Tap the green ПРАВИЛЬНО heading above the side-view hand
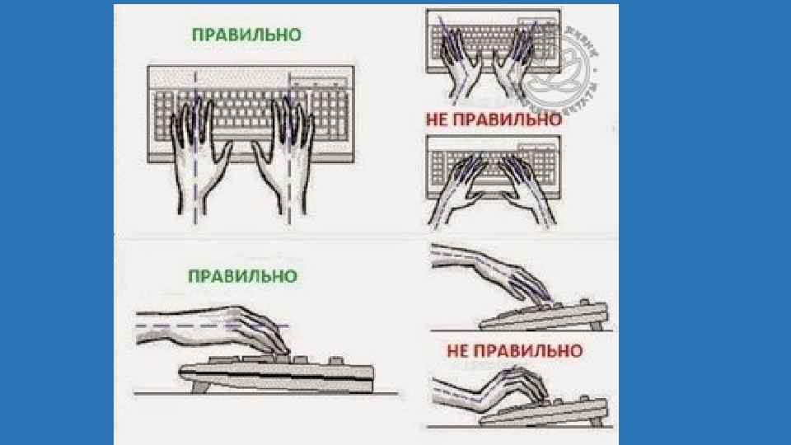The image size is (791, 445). (x=243, y=275)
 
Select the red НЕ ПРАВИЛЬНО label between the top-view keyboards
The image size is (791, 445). (x=494, y=119)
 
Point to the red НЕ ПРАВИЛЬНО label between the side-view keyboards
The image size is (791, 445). (x=514, y=351)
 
